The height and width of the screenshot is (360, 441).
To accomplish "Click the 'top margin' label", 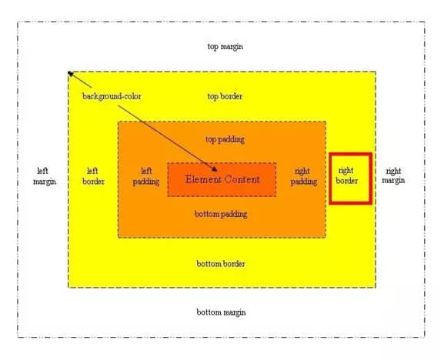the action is point(225,47).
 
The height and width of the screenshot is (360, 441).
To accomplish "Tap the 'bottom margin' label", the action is point(221,312).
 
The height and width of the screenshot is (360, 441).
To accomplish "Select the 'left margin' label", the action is point(45,176).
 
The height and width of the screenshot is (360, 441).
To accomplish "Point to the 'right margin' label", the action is point(393,175).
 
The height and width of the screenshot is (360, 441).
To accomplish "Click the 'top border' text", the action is point(225,96).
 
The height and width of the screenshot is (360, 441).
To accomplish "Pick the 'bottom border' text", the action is point(221,264).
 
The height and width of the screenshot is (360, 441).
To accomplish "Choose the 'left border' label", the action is point(93,176).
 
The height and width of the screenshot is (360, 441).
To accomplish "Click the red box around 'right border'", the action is point(329,178).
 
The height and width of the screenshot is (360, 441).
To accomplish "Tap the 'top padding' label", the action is point(225,140).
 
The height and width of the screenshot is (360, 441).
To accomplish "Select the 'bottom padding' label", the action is point(221,214).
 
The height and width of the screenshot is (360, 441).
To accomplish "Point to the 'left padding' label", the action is point(146,176).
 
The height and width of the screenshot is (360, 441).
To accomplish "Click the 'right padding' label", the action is point(304,176).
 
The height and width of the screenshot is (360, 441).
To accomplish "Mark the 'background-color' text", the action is point(112,96).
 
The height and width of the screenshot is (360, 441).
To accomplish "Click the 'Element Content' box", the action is point(222,179).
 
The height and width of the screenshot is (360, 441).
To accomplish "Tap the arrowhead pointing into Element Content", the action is point(214,168).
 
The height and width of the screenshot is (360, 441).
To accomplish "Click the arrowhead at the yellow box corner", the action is point(71,74).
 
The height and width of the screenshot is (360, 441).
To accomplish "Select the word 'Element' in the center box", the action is point(203,179).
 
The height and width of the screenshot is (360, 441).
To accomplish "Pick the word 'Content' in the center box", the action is point(242,179).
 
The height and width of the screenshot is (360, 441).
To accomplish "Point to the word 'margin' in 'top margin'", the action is point(231,47).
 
